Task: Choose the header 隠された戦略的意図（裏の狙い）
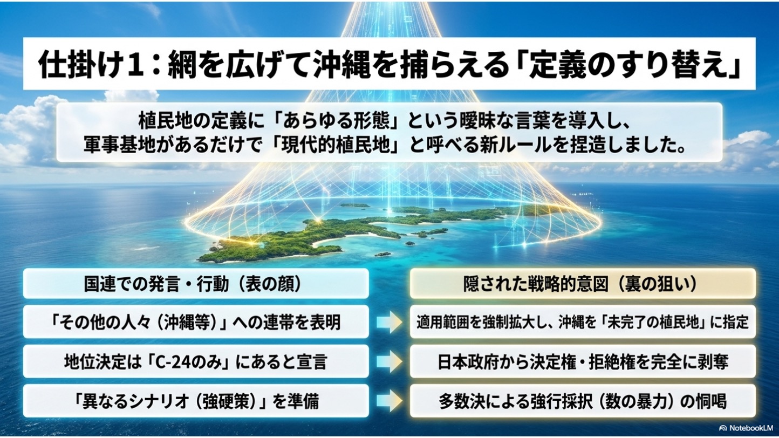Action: [583, 284]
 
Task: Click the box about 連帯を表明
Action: [196, 322]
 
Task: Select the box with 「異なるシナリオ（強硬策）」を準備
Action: [196, 401]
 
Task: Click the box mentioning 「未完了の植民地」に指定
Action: [583, 322]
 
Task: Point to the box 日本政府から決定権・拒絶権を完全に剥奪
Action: [583, 362]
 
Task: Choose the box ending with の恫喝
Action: [583, 401]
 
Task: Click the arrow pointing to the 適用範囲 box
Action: [389, 322]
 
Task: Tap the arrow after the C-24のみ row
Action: [389, 362]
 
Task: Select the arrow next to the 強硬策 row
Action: [389, 401]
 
